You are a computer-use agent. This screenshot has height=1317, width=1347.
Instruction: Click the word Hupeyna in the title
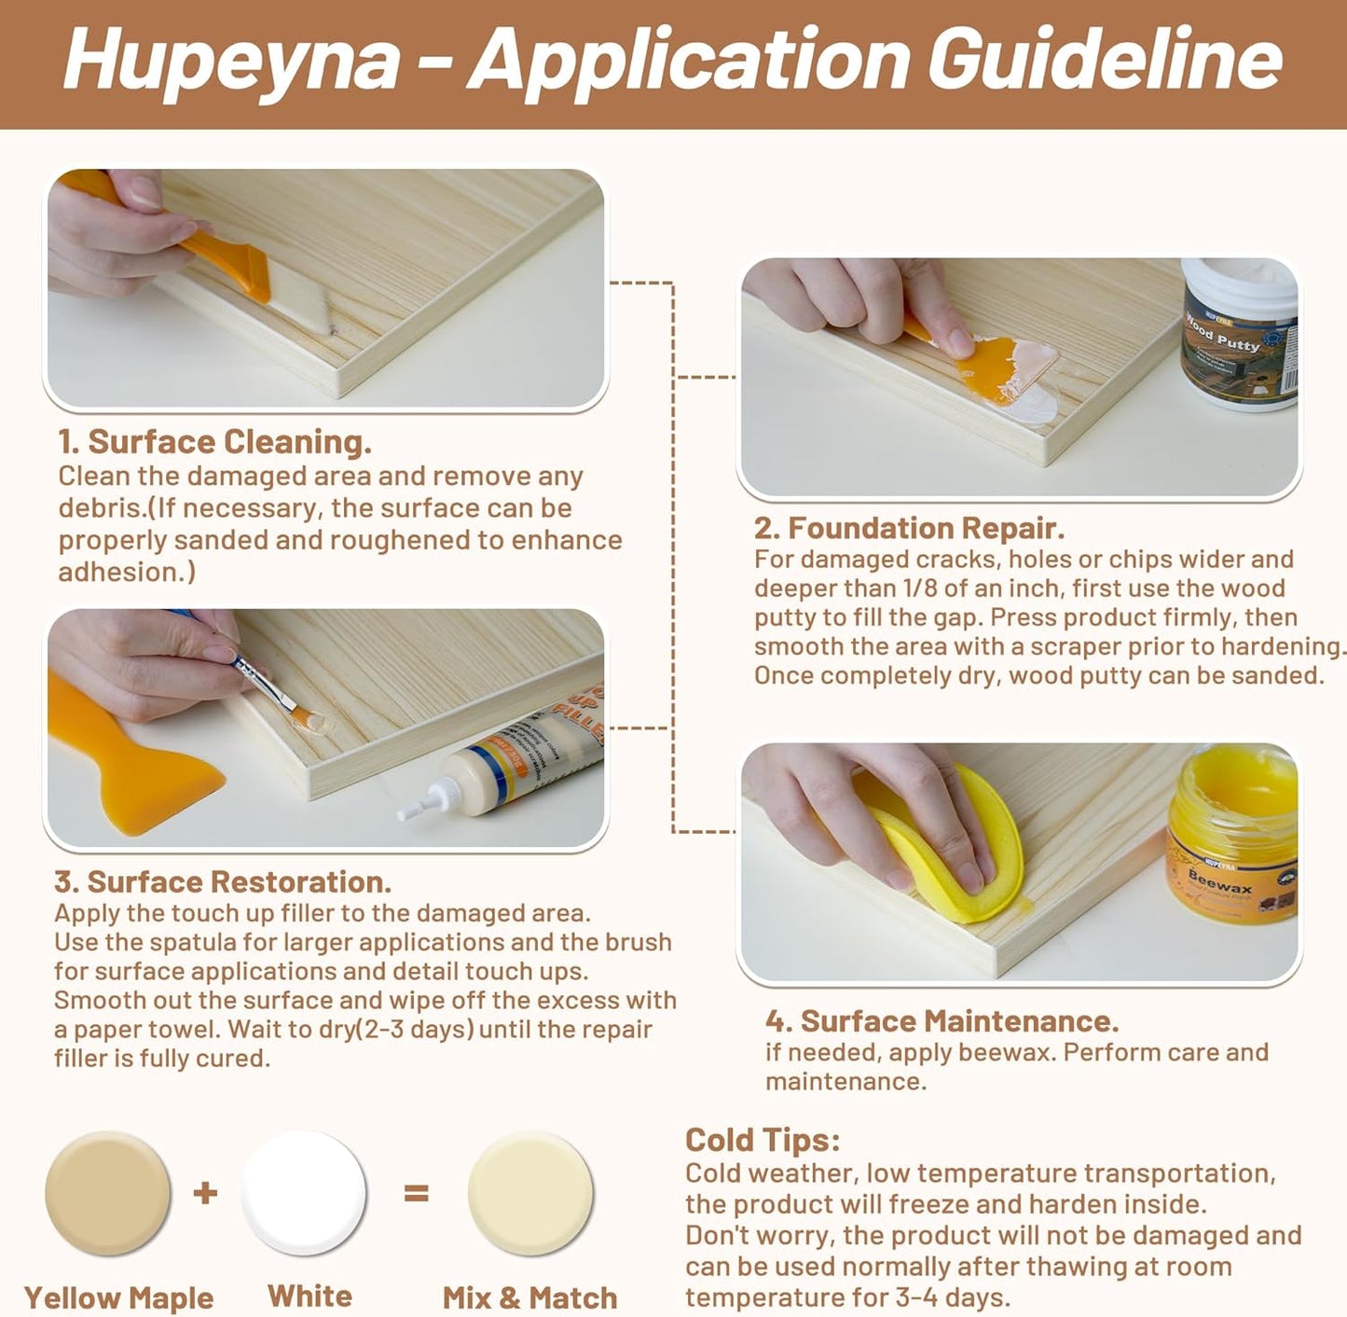[x=231, y=60]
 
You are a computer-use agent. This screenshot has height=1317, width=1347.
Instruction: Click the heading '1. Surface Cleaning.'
[x=214, y=441]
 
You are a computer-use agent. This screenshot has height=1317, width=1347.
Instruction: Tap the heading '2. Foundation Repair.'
[x=909, y=528]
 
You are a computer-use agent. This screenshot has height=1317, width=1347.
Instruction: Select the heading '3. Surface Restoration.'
[x=222, y=881]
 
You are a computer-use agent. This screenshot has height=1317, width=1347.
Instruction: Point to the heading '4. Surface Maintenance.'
[x=942, y=1021]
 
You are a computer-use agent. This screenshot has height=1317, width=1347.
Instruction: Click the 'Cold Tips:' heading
[x=763, y=1140]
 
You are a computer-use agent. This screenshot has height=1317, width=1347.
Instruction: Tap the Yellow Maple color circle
[x=108, y=1193]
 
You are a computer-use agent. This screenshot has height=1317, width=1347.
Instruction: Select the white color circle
[x=304, y=1193]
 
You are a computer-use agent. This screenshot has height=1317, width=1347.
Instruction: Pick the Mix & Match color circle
[x=530, y=1193]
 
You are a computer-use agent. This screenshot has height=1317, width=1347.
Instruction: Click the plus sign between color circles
[x=205, y=1192]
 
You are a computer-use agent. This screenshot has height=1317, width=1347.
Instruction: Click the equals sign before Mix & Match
[x=416, y=1192]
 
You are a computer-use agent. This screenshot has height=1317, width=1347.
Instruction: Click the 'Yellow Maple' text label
[x=118, y=1297]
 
